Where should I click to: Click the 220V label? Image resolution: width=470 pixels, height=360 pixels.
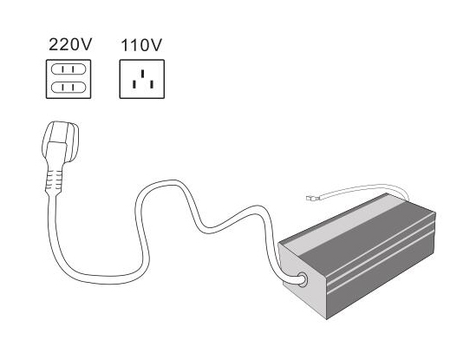(70, 44)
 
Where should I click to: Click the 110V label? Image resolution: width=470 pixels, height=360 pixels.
(141, 45)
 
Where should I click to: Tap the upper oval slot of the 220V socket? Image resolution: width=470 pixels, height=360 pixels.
(69, 69)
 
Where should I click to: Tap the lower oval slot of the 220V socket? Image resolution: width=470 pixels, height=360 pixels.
(69, 88)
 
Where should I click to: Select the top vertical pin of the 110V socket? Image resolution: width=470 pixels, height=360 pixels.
(143, 74)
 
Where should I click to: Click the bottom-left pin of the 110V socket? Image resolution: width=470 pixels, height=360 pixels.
(134, 84)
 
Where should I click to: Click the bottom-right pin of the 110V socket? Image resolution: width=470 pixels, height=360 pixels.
(152, 84)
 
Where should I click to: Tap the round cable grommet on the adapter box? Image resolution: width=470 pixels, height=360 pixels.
(302, 279)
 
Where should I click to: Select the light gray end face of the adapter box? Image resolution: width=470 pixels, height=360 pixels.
(302, 278)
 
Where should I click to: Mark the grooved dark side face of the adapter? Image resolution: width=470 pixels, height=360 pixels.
(381, 267)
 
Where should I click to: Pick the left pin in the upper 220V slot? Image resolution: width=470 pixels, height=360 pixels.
(63, 69)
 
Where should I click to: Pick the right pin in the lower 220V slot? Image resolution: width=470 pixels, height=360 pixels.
(73, 88)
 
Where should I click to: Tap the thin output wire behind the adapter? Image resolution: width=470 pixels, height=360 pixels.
(360, 188)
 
